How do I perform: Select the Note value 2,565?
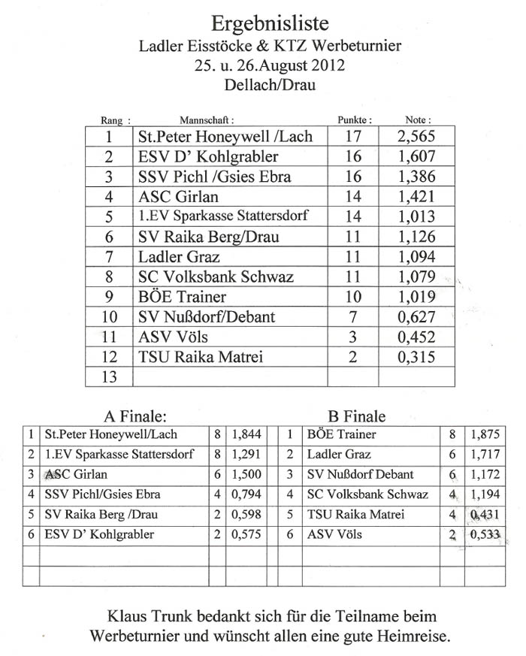(416, 137)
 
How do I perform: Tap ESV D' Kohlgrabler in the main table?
(208, 156)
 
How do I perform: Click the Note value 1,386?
(416, 177)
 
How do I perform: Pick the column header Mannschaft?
(207, 119)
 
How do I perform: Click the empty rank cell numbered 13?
(109, 376)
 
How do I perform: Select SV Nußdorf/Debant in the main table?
(207, 316)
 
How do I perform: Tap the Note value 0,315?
(416, 357)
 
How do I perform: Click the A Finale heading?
(134, 416)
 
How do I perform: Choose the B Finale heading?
(357, 416)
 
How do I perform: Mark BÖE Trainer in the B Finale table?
(342, 434)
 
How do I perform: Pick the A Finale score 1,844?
(248, 434)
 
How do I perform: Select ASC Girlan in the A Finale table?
(76, 475)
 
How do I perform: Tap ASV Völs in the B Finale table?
(334, 535)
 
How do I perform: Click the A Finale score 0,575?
(248, 535)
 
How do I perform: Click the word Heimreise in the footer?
(416, 636)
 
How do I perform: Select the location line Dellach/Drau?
(269, 85)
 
